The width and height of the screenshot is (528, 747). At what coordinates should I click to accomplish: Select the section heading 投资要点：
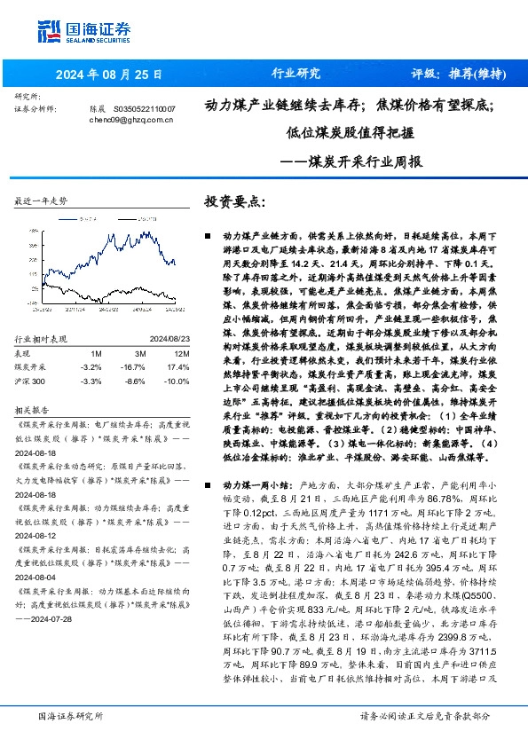coord(235,201)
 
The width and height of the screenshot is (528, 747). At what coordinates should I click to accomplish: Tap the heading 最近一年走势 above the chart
coord(42,201)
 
